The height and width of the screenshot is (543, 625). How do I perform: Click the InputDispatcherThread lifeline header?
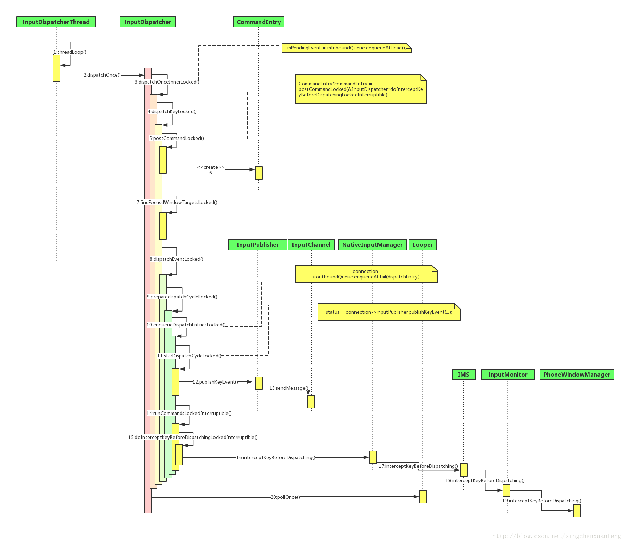(56, 22)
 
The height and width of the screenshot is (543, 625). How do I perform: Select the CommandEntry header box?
(259, 22)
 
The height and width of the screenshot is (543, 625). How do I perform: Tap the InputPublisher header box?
(258, 245)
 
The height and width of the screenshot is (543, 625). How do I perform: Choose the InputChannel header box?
(311, 245)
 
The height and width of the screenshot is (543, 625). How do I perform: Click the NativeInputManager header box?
(372, 245)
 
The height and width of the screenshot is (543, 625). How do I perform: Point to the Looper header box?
(422, 245)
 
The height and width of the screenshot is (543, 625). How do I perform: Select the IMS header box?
(463, 375)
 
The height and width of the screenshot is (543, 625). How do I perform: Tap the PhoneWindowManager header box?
(577, 375)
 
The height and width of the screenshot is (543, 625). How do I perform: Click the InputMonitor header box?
(507, 375)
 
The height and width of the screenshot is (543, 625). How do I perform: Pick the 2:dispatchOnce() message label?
(102, 75)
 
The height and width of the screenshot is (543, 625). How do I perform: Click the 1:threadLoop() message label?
(70, 52)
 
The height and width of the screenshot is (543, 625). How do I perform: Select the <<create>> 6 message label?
(211, 170)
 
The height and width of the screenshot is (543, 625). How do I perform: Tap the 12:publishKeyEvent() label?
(215, 382)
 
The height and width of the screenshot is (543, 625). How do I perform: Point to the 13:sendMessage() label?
(289, 388)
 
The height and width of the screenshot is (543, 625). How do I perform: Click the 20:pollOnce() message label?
(285, 497)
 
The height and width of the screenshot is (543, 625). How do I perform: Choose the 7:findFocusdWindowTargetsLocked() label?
(177, 202)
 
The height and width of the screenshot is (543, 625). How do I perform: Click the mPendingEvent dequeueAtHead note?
(346, 48)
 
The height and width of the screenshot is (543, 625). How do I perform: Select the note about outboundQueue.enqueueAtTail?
(366, 274)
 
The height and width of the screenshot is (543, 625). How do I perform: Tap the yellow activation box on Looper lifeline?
(423, 497)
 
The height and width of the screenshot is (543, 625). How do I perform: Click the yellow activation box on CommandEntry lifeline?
(258, 173)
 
